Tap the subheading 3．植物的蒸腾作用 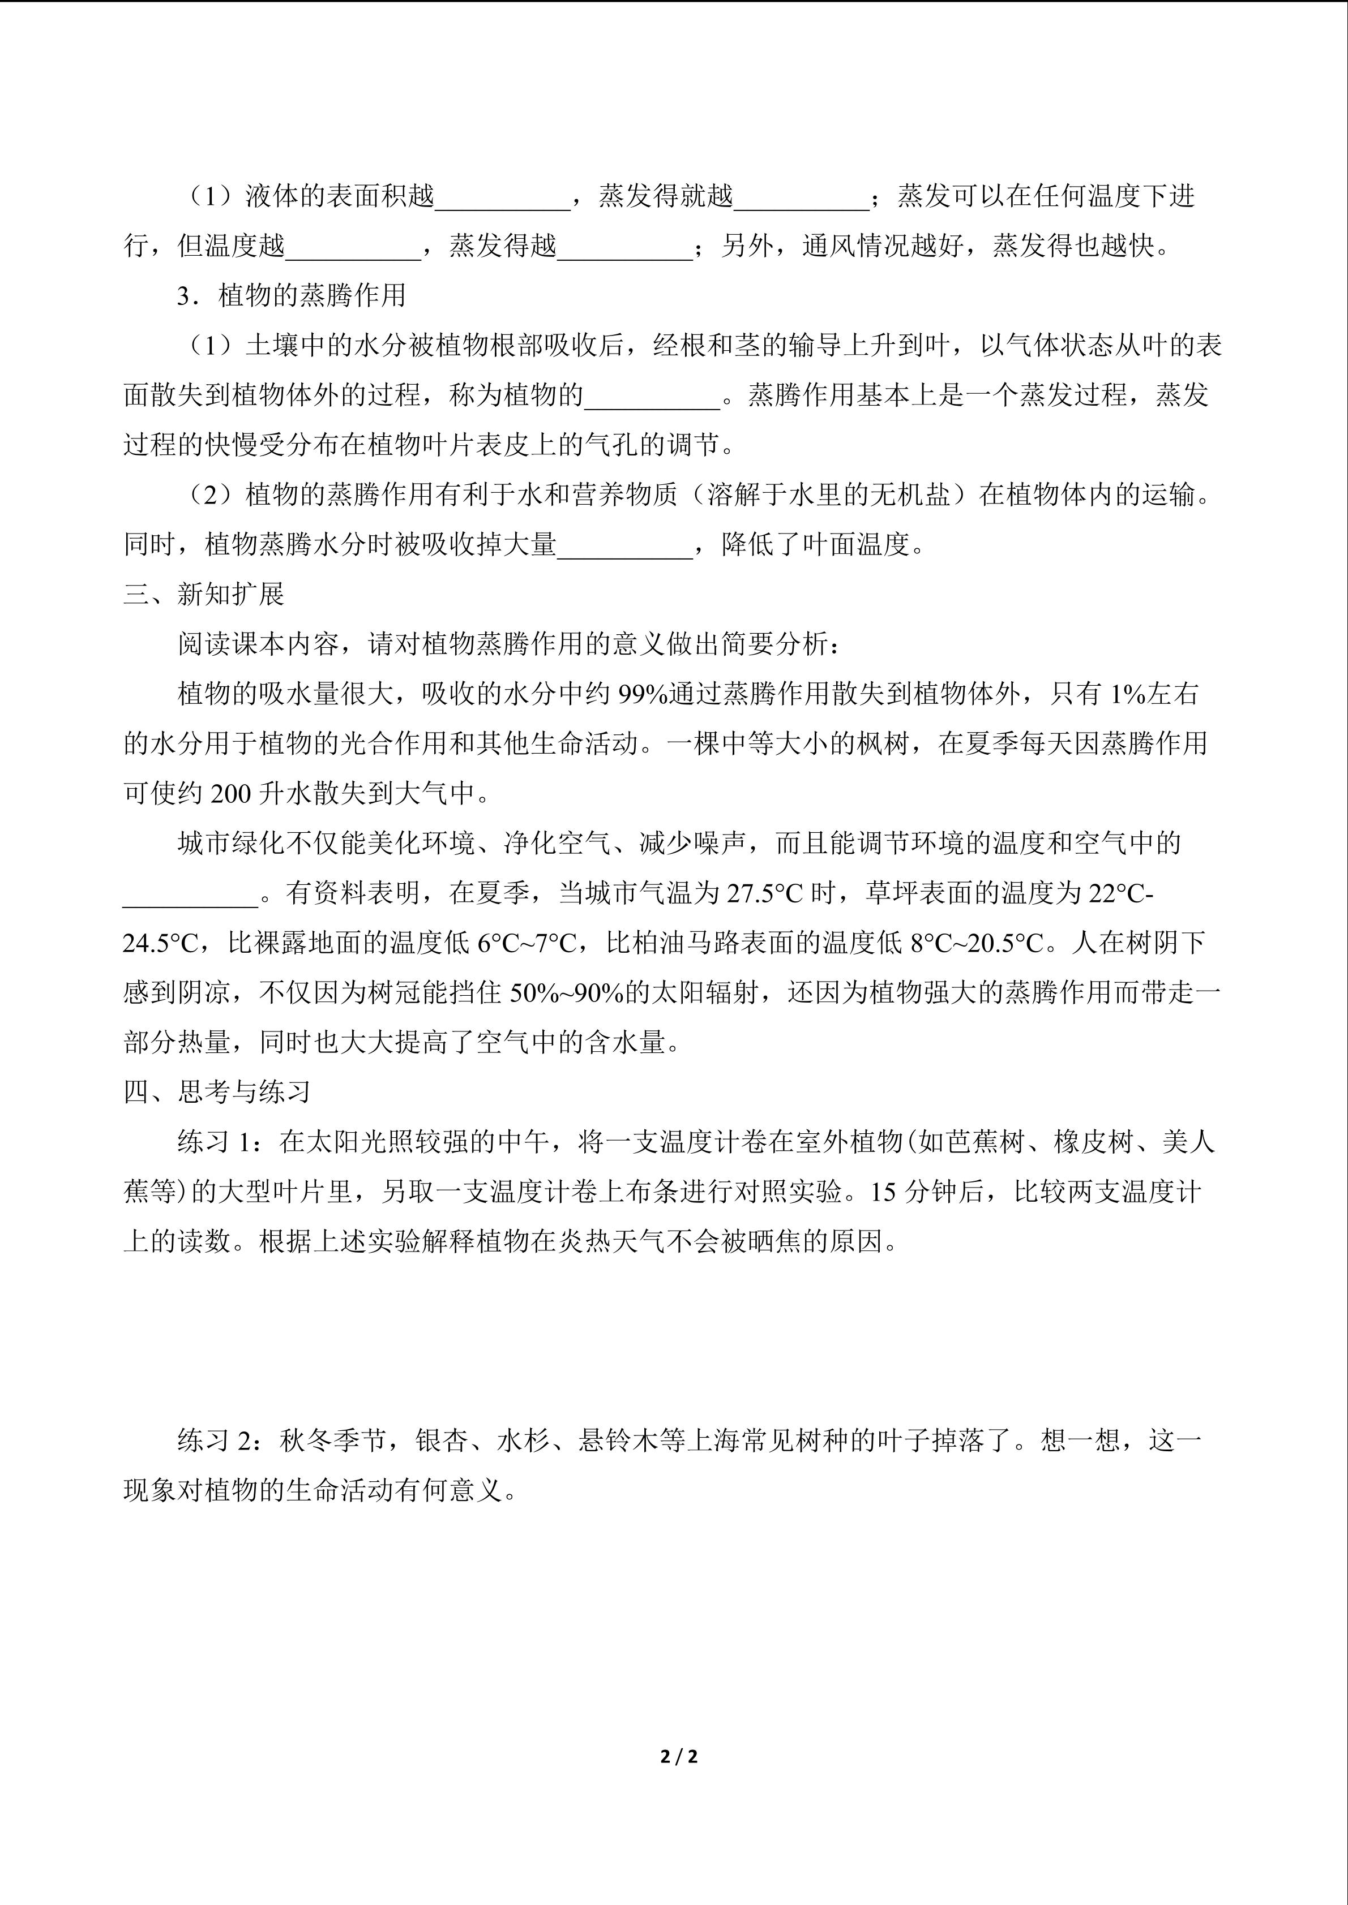pos(292,295)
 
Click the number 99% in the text pos(643,694)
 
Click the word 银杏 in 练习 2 pos(442,1441)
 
